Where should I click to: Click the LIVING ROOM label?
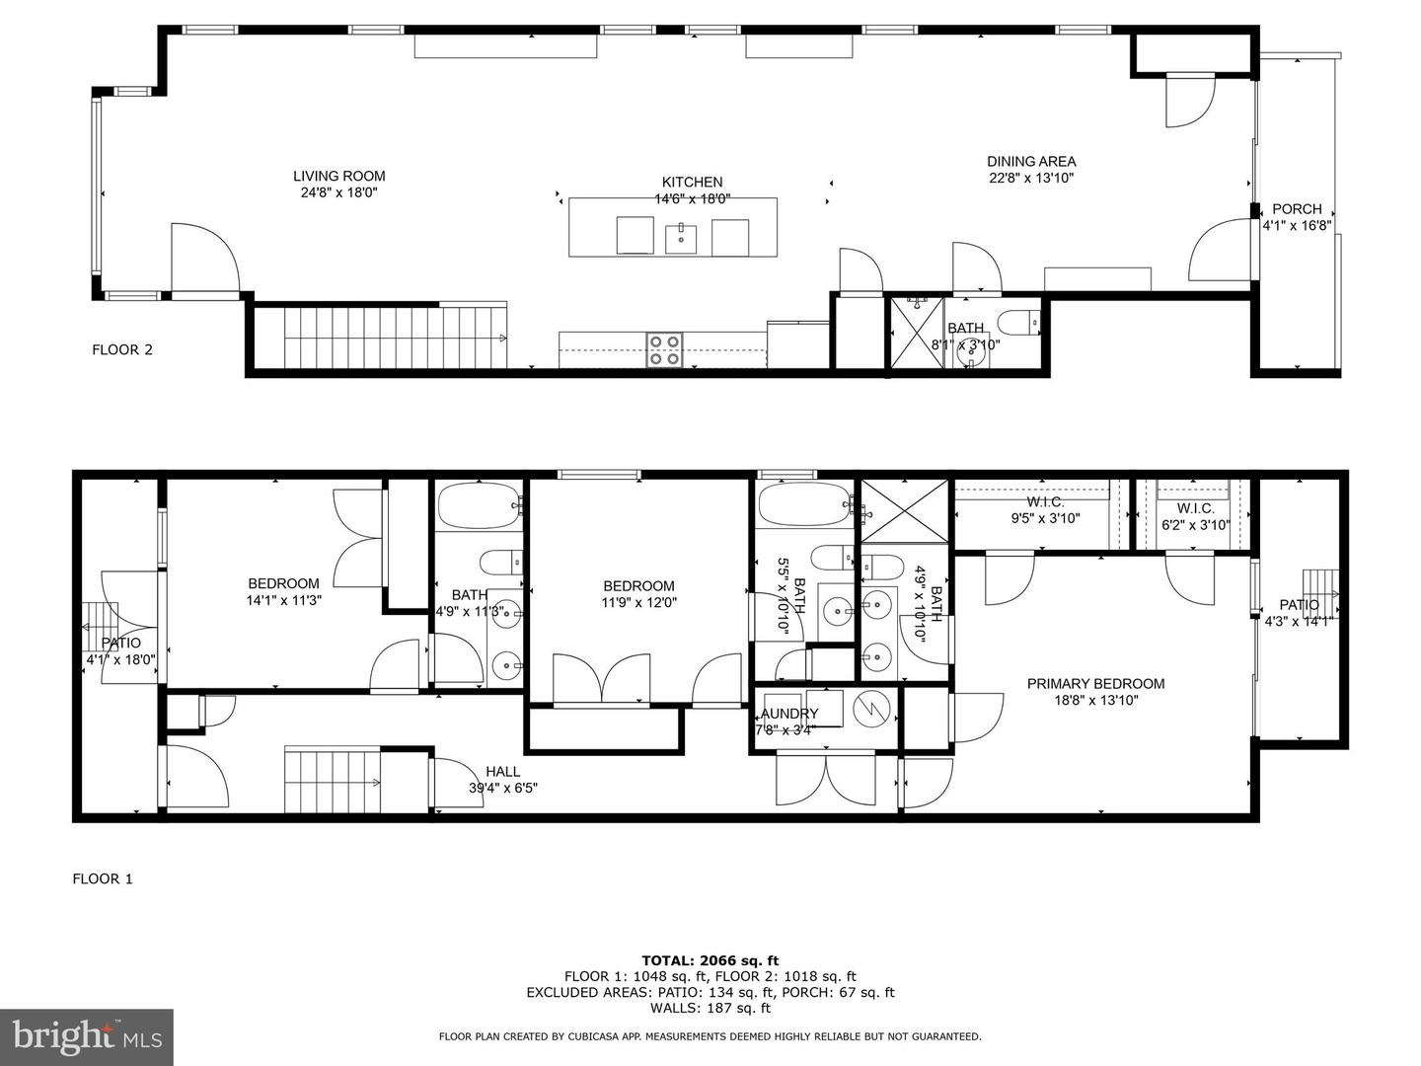[x=338, y=177]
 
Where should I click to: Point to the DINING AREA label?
[x=1031, y=161]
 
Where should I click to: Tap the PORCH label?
[x=1297, y=209]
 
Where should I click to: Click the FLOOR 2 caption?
[x=122, y=349]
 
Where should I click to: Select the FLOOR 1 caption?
[x=103, y=878]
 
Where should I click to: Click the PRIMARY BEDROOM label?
[x=1095, y=683]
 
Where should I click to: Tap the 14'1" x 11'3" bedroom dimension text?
[x=284, y=600]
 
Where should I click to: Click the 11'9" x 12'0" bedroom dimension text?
[x=639, y=602]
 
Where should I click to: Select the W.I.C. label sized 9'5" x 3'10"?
[x=1045, y=517]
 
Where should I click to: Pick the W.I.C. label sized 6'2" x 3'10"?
[x=1195, y=525]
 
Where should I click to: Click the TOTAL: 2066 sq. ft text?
[x=710, y=959]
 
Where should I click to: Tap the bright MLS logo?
[x=87, y=1036]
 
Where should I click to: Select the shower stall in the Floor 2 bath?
[x=917, y=333]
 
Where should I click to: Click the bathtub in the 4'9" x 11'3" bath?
[x=479, y=506]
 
